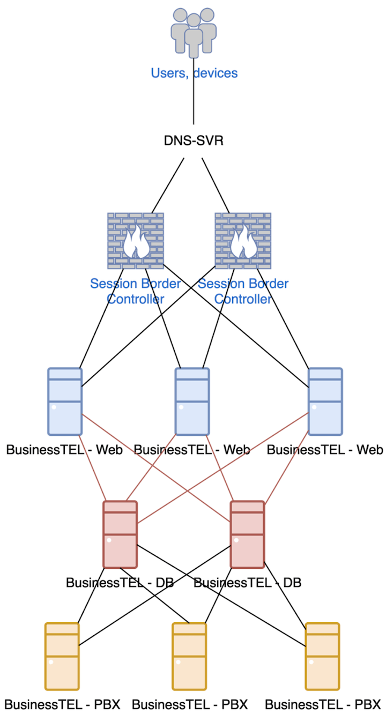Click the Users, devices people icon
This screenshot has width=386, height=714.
click(194, 31)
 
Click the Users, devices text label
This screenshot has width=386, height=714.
click(194, 73)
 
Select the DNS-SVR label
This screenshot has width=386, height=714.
click(194, 141)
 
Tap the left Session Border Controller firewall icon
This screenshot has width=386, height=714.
click(136, 241)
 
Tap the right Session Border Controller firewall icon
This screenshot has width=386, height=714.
click(243, 241)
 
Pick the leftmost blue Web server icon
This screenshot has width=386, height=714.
click(65, 401)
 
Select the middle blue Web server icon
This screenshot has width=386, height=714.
click(192, 401)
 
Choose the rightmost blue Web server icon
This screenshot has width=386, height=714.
click(325, 401)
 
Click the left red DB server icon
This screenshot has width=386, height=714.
click(120, 534)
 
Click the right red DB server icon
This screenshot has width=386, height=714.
click(247, 534)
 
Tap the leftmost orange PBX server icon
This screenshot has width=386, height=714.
click(62, 656)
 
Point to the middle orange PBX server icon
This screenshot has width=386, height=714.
click(189, 656)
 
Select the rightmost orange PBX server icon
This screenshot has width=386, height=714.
click(322, 656)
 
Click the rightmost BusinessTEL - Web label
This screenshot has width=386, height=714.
click(325, 449)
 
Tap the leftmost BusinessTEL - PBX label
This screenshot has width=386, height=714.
click(62, 704)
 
